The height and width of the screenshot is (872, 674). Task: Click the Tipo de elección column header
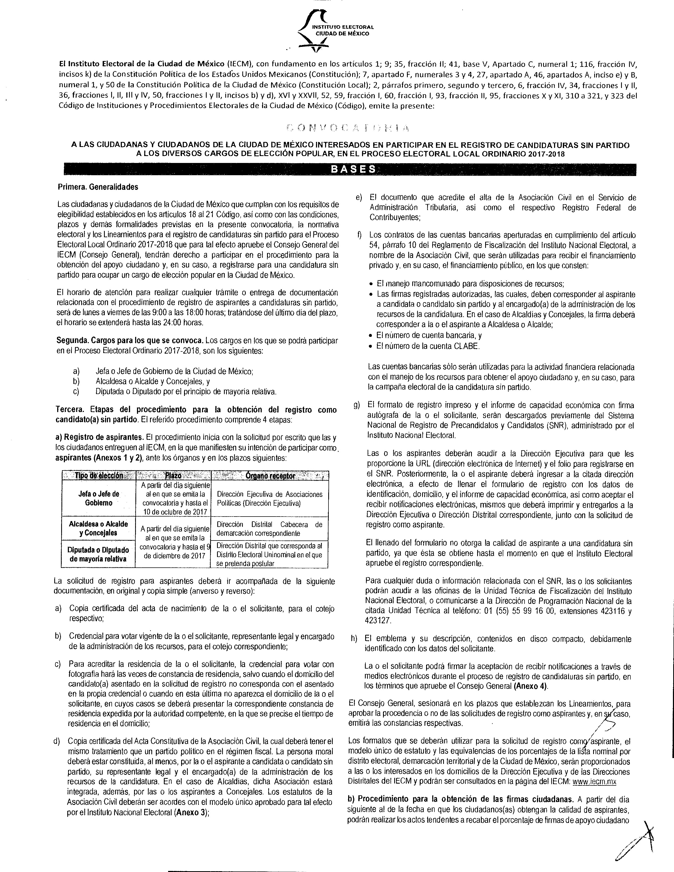(x=98, y=476)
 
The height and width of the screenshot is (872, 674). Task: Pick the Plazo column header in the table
(x=173, y=476)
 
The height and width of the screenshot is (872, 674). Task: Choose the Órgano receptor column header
(x=270, y=476)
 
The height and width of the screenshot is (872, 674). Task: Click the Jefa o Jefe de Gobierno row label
(x=98, y=498)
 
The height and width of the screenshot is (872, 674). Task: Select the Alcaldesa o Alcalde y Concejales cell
(x=98, y=528)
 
